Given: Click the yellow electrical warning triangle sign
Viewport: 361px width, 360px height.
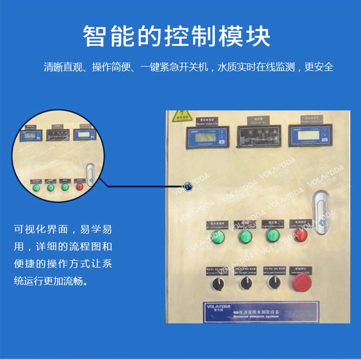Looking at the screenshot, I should [x=179, y=115].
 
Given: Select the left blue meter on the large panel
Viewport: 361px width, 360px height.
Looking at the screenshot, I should [x=206, y=137].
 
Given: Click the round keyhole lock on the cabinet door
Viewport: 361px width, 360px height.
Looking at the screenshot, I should [x=188, y=186].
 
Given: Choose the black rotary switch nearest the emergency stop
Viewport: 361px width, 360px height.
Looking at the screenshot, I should [x=273, y=282].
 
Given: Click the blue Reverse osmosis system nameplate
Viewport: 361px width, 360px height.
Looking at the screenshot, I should [x=261, y=312].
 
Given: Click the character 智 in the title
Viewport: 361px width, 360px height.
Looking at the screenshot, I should [x=94, y=36].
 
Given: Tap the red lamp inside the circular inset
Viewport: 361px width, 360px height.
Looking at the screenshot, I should [x=79, y=187].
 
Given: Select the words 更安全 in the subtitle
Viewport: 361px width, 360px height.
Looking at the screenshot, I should [x=319, y=67].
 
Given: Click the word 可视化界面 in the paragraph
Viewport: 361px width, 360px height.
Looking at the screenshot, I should [x=41, y=230].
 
